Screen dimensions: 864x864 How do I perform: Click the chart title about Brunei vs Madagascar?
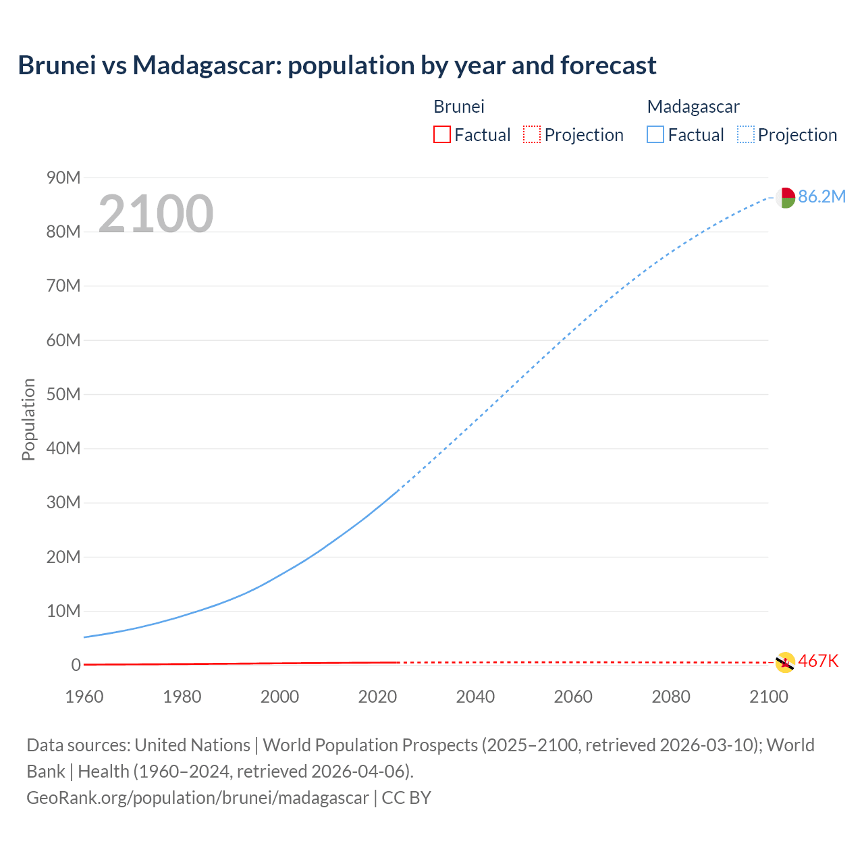pos(337,65)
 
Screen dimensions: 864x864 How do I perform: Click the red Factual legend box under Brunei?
pos(441,134)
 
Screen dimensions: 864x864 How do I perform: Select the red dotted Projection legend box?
pos(532,134)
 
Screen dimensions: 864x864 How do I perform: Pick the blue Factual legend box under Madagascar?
pos(655,134)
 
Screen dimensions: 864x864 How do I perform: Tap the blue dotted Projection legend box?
pos(746,134)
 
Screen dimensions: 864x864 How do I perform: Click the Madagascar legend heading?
pos(693,107)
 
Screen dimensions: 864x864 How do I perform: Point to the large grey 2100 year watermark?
pos(156,214)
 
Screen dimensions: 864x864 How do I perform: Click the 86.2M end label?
pos(821,196)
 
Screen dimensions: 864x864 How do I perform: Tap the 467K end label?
pos(818,661)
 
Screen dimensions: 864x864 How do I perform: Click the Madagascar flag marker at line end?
pos(785,198)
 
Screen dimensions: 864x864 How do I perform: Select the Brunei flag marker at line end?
pos(785,663)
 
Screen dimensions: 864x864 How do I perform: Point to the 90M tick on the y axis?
pos(63,178)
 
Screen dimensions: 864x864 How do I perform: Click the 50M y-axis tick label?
pos(63,394)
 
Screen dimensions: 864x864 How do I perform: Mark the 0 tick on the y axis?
pos(76,665)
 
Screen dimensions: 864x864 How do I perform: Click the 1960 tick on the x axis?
pos(84,697)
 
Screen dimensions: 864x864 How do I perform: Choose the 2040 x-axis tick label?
pos(475,697)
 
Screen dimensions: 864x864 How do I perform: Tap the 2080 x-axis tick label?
pos(671,697)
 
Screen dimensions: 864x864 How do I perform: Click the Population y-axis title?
pos(28,419)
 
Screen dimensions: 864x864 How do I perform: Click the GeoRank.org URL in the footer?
pos(198,798)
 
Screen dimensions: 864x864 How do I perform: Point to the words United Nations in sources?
pos(192,745)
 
